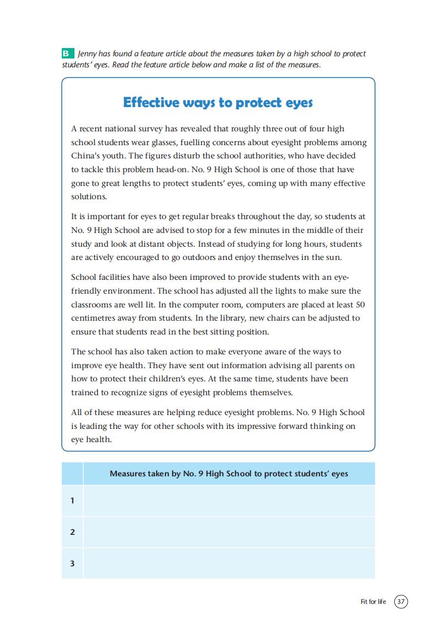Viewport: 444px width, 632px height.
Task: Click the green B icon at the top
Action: click(x=66, y=54)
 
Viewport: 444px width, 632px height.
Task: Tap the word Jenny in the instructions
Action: click(x=88, y=54)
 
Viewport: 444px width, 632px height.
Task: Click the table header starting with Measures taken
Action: click(x=229, y=474)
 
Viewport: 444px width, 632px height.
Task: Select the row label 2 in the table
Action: click(x=72, y=532)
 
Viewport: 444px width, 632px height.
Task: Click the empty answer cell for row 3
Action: click(x=229, y=564)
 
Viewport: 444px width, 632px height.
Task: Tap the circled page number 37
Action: click(x=401, y=601)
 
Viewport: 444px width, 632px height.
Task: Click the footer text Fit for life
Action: click(x=373, y=601)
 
